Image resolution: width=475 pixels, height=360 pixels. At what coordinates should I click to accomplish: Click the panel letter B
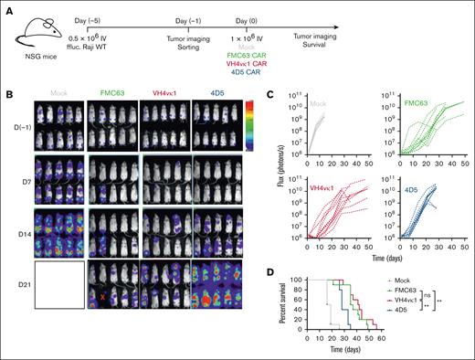click(8, 92)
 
